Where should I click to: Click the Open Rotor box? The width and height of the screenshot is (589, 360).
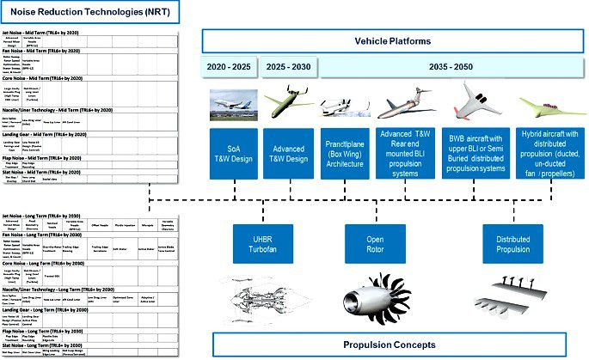coord(375,243)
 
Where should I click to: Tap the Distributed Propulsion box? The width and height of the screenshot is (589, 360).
coord(513,243)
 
